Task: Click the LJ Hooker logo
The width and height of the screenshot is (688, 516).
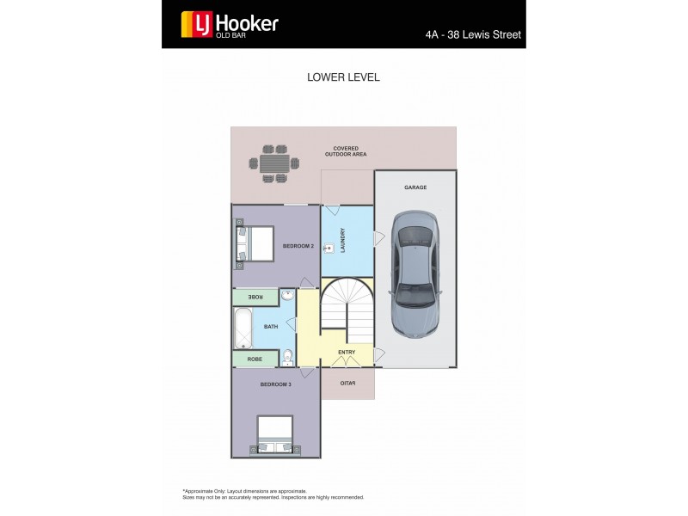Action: click(229, 24)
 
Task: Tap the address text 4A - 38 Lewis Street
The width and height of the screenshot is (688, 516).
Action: click(473, 36)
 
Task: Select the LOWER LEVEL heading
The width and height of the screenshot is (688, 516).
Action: click(343, 77)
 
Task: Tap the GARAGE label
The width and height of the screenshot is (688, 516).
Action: click(415, 187)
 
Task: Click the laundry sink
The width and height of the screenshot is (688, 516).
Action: click(329, 249)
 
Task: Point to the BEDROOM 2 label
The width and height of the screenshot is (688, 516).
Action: click(298, 246)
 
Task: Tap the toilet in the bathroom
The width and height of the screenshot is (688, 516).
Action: click(288, 357)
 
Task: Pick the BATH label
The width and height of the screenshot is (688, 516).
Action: click(271, 327)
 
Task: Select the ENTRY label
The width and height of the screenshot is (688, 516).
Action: click(347, 352)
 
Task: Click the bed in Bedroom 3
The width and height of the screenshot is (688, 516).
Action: click(275, 435)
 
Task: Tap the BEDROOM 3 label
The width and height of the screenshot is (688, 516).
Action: click(275, 384)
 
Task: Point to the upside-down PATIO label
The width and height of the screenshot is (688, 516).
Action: click(347, 384)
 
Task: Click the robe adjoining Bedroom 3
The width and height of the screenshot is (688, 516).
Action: click(255, 359)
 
